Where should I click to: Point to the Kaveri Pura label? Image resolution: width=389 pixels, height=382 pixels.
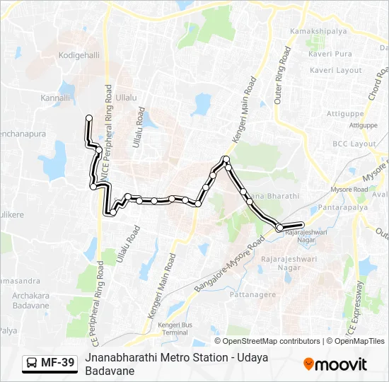pyautogui.click(x=330, y=54)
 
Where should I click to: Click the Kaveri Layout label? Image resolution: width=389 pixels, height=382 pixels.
pyautogui.click(x=336, y=71)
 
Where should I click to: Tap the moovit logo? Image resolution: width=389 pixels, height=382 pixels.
pyautogui.click(x=335, y=364)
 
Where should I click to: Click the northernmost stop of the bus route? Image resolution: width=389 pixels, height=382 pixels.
pyautogui.click(x=89, y=117)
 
